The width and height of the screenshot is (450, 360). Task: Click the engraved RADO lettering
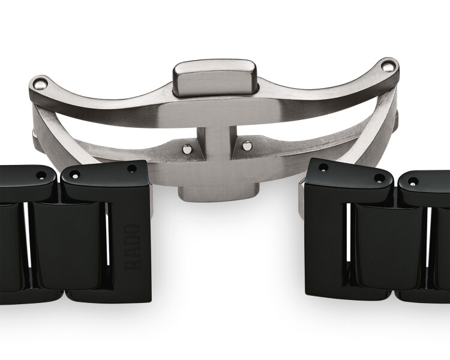(x=133, y=247)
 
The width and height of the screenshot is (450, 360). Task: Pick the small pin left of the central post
(x=187, y=148)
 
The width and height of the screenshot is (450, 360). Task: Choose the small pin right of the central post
(x=246, y=146)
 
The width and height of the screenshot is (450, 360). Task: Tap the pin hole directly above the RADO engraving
(x=132, y=168)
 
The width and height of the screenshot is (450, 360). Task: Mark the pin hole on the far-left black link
(x=42, y=175)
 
